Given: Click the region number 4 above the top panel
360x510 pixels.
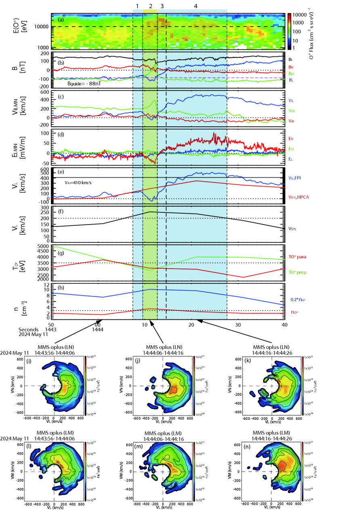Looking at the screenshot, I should (x=196, y=6).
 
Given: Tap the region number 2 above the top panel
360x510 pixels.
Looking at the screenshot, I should (x=151, y=6).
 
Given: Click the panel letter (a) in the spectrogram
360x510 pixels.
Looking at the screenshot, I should (x=61, y=19).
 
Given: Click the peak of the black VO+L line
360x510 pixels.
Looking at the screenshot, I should (x=151, y=212).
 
